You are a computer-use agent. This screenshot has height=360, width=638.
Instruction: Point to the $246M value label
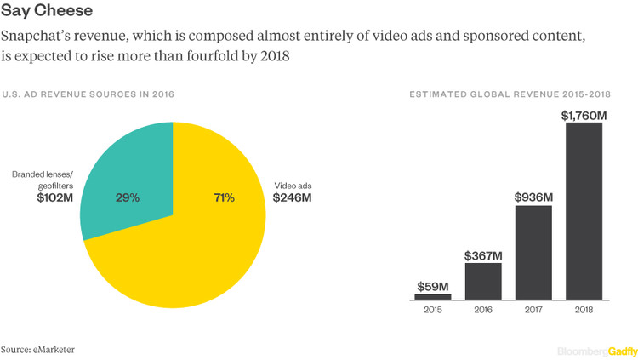coord(292,197)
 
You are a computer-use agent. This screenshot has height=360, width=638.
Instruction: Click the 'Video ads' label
coord(291,184)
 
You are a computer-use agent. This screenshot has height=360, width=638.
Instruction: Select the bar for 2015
coord(433,297)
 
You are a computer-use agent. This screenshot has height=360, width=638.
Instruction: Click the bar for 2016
coord(483,282)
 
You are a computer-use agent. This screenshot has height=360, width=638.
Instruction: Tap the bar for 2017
coord(533,253)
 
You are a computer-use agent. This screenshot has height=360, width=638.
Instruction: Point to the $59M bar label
coord(433,285)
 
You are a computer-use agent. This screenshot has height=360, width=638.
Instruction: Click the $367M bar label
coord(483,254)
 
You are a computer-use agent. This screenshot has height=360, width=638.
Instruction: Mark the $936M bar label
coord(533,197)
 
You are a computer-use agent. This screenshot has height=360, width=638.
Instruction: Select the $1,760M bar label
coord(584,114)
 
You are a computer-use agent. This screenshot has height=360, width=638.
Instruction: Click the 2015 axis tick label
coord(433,311)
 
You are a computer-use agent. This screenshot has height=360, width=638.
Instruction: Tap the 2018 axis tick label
coord(584,311)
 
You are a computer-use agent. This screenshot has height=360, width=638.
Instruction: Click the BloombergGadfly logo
coord(593,350)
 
